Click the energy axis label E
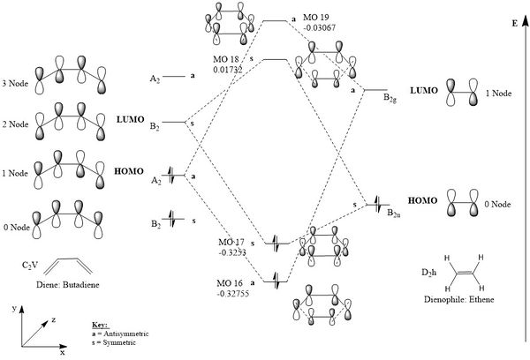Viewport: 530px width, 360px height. (x=513, y=24)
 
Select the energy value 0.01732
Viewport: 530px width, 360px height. (x=227, y=68)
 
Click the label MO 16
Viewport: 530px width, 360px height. (x=228, y=281)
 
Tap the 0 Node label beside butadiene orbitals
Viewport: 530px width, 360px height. (x=17, y=228)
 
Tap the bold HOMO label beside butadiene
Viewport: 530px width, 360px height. (x=129, y=165)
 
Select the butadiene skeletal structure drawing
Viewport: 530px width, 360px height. (x=70, y=266)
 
